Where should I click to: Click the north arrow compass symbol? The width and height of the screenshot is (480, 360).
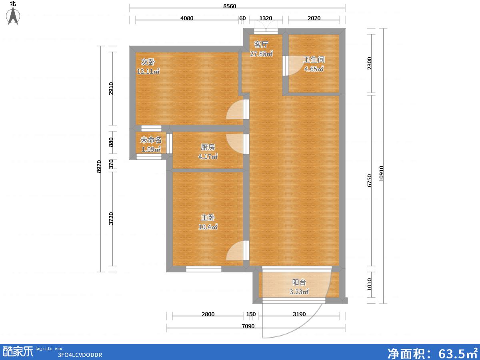(13, 16)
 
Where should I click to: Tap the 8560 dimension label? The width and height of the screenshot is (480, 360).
(230, 6)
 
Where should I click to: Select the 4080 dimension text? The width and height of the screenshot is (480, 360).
(187, 18)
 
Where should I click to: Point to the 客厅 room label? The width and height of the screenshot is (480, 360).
(261, 44)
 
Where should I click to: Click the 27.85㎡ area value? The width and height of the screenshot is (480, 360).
(261, 54)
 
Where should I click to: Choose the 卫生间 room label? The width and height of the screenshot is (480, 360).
(314, 60)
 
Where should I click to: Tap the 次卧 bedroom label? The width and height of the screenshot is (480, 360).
(148, 62)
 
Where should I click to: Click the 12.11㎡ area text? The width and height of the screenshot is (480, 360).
(148, 71)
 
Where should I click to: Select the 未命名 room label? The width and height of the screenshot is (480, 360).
(151, 140)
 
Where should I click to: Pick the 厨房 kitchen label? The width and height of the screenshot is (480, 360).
(208, 147)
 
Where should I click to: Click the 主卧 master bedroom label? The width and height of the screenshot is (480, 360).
(208, 218)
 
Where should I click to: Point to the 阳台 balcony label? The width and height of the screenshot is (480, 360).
(299, 282)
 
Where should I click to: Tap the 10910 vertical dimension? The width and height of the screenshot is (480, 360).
(381, 174)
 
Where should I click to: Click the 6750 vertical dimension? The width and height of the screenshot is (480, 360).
(369, 180)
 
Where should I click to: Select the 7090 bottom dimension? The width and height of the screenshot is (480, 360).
(248, 326)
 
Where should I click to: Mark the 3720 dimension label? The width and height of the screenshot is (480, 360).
(111, 218)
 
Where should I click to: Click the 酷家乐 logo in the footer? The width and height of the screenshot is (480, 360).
(18, 352)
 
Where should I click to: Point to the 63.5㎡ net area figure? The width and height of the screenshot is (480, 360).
(458, 353)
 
